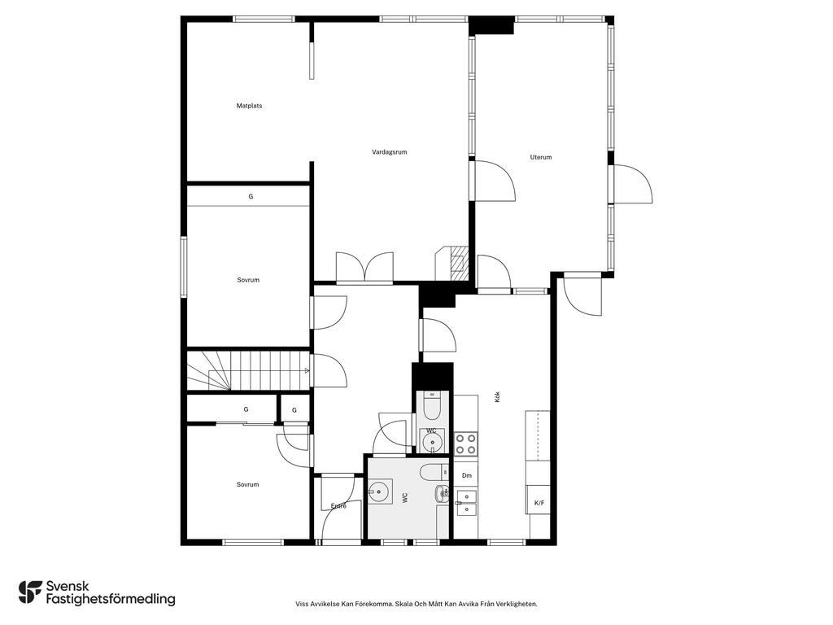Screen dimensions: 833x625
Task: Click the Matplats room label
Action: tap(249, 106)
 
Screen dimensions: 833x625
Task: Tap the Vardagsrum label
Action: tap(390, 152)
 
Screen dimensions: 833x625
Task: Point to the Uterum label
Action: tap(541, 157)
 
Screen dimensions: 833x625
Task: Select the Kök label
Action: tap(497, 396)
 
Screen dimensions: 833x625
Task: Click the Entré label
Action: tap(338, 506)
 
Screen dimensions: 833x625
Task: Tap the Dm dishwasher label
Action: tap(466, 475)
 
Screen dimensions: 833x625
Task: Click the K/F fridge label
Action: tap(539, 503)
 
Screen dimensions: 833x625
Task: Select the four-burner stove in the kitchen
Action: tap(466, 444)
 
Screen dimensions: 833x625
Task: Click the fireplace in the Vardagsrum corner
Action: tap(452, 263)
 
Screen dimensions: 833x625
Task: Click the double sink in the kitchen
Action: tap(466, 503)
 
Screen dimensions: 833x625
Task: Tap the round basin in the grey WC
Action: tap(379, 491)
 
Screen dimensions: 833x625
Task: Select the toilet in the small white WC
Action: tap(433, 406)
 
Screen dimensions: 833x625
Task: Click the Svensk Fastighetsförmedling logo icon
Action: tap(30, 592)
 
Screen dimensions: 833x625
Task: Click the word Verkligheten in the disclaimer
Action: tap(519, 604)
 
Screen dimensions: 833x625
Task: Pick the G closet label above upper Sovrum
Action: tap(251, 197)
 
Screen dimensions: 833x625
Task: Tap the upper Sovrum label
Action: tap(248, 280)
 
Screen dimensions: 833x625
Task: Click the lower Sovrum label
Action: tap(247, 485)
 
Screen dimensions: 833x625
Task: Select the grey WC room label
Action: tap(405, 498)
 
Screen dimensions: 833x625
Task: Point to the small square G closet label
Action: tap(294, 410)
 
